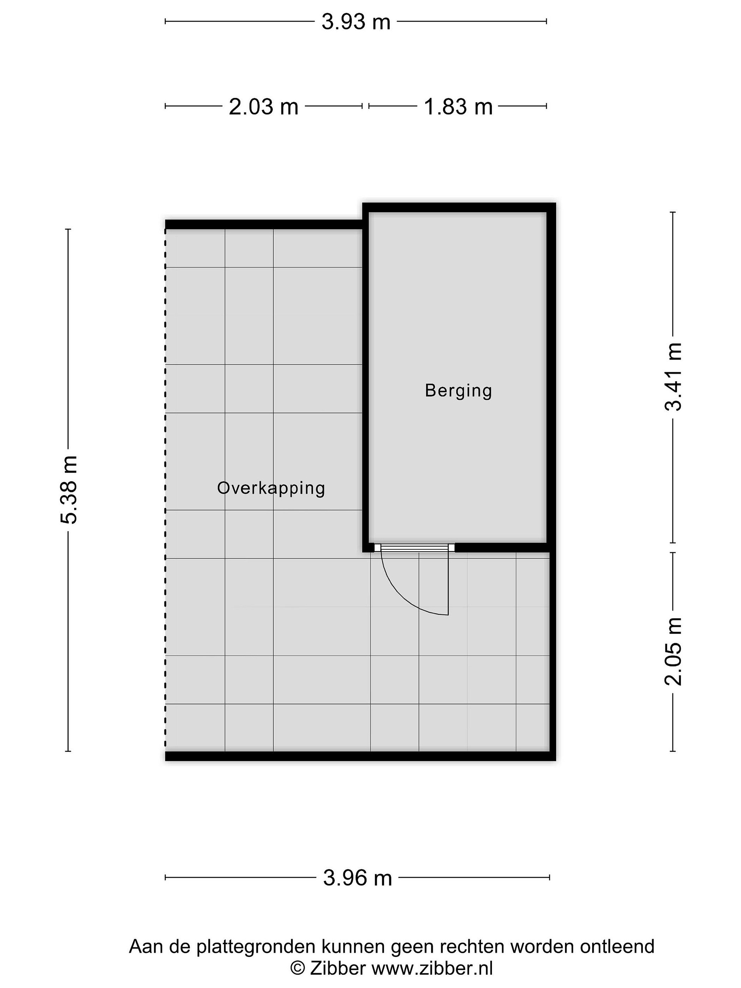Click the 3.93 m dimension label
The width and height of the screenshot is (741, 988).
tap(356, 21)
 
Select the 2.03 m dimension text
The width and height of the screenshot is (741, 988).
tap(263, 107)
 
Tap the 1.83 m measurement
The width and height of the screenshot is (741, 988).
tap(458, 107)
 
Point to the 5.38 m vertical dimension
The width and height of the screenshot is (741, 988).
tap(69, 490)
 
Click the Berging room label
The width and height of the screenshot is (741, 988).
tap(458, 391)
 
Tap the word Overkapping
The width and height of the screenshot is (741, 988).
tap(271, 488)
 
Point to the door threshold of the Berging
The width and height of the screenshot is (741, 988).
tap(414, 548)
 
